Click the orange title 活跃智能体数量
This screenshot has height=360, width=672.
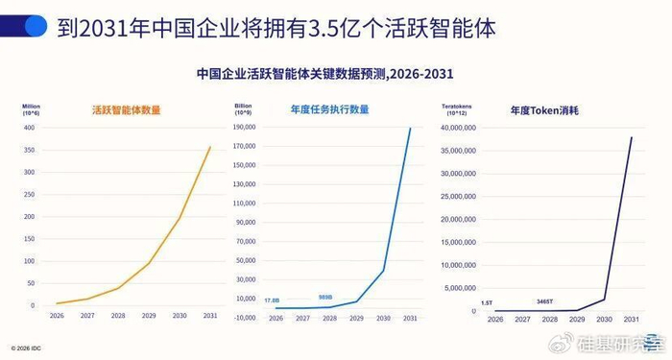tap(125, 110)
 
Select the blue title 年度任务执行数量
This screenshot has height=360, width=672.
tap(329, 110)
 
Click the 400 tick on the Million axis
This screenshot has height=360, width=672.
tap(28, 128)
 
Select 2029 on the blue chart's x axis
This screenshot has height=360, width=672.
tap(355, 318)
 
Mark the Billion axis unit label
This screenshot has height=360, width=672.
tap(243, 103)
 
